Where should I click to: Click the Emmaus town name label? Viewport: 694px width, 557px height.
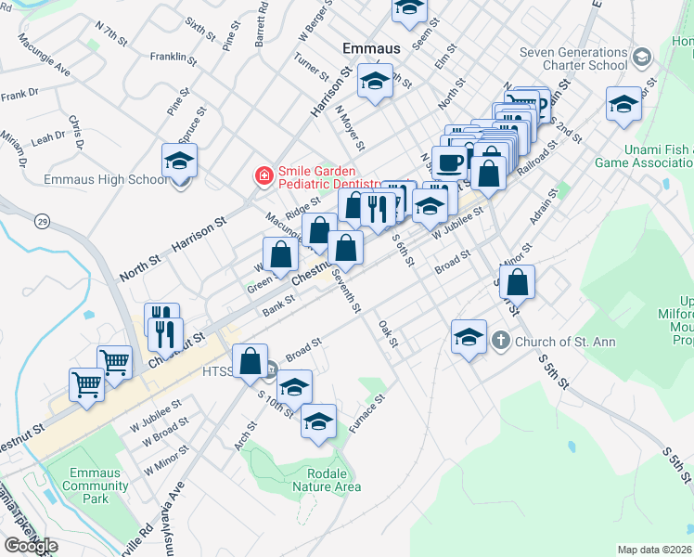[x=371, y=47]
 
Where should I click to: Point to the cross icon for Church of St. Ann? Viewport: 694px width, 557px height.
[x=501, y=341]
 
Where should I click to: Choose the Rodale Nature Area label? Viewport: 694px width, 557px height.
[x=327, y=478]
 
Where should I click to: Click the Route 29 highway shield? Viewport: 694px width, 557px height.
[x=42, y=221]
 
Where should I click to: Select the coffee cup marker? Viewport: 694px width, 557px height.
[x=450, y=162]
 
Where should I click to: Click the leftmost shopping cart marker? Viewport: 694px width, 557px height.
[x=86, y=382]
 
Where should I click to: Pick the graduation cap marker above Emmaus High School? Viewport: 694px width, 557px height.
[x=179, y=161]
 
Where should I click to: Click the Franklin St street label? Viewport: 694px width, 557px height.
[x=173, y=58]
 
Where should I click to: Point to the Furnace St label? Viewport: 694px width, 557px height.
[x=368, y=418]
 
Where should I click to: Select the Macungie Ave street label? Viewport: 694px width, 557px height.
[x=43, y=68]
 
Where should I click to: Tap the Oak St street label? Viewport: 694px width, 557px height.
[x=388, y=334]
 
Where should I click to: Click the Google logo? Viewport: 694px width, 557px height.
[x=31, y=546]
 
